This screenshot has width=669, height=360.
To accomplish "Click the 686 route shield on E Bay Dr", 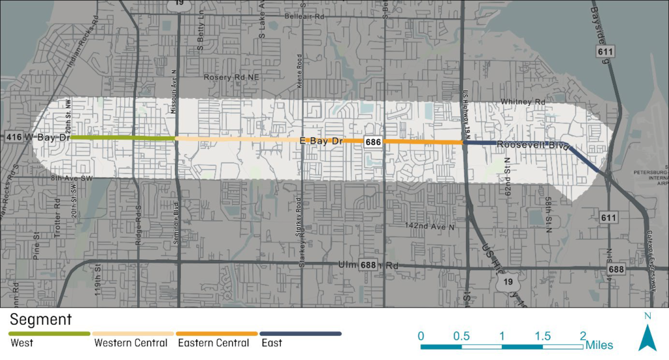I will [374, 142].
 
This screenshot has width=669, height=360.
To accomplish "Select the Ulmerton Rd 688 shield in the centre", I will [367, 265].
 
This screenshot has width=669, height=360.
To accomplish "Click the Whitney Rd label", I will [523, 103].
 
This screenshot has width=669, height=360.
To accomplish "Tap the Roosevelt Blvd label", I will [532, 144].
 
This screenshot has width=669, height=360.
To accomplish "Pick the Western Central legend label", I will [131, 343].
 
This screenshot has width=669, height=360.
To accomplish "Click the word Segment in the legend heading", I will [40, 320].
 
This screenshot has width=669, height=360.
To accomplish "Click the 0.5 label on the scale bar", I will [461, 336].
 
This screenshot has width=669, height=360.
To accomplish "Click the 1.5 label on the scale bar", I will [543, 336].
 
